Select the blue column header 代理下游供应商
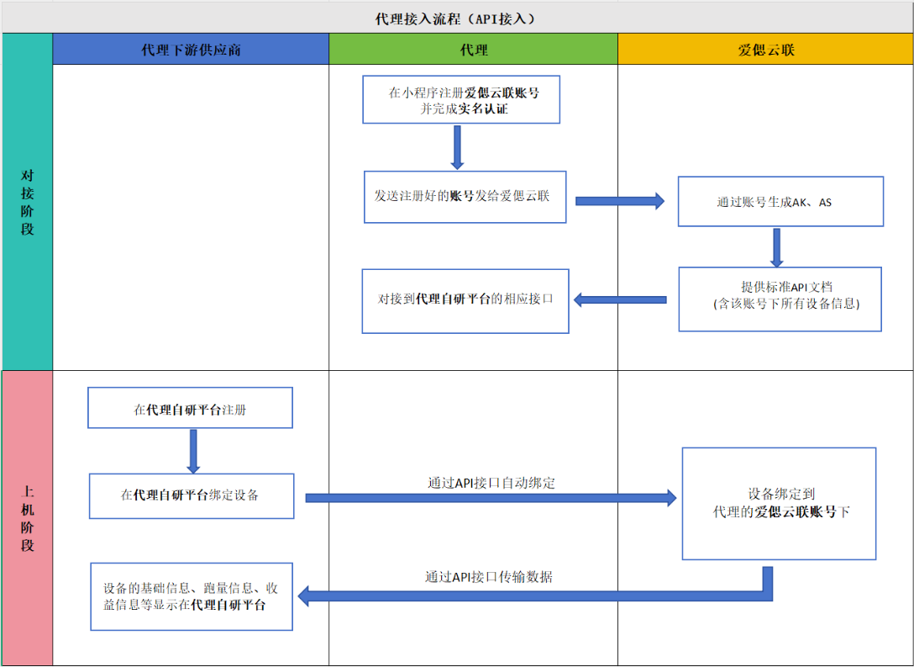coord(191,50)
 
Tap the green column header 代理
coord(473,50)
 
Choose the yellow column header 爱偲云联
coord(765,50)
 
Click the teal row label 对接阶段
coord(28,202)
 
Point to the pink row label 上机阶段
coord(28,518)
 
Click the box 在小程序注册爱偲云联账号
coord(461,100)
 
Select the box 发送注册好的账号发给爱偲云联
coord(465,197)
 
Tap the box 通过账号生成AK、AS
coord(780,202)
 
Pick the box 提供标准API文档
coord(780,299)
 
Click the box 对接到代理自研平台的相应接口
coord(465,299)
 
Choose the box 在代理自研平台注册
coord(190,410)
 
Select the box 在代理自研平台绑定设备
coord(191,495)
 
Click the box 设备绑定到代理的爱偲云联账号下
coord(779,503)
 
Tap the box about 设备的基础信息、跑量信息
coord(191,596)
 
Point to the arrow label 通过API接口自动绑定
coord(491,483)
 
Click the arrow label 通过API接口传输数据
coord(488,577)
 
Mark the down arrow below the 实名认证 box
coord(457,147)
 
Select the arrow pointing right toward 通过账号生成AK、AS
coord(619,201)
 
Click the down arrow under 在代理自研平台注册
coord(193,451)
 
